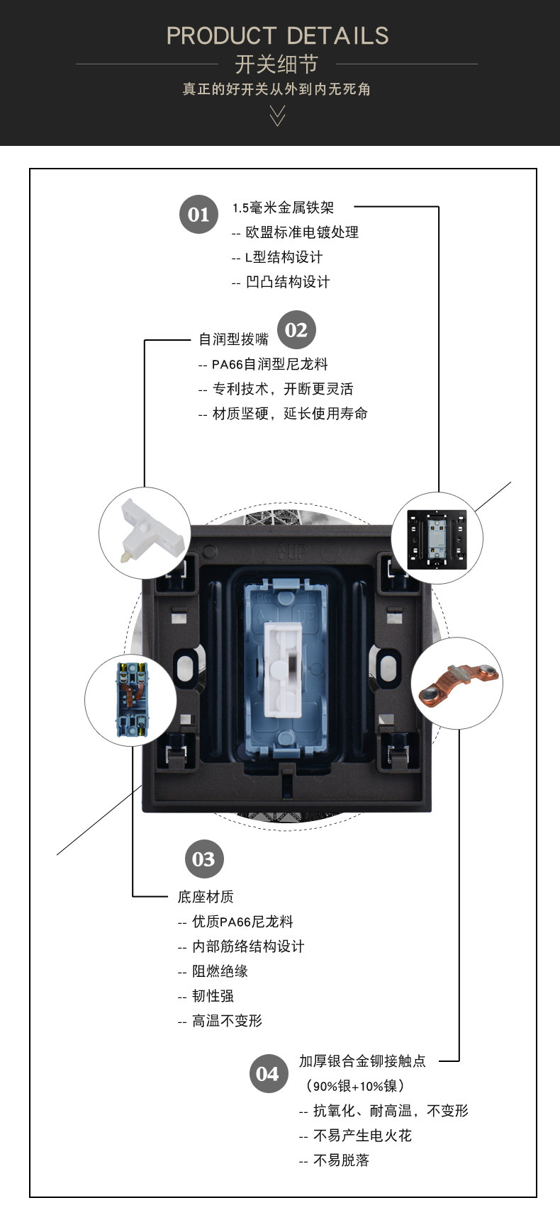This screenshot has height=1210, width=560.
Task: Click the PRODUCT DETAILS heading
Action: [277, 35]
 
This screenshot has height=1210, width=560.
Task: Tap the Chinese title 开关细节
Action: [276, 64]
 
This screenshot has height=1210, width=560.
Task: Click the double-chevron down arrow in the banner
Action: [277, 115]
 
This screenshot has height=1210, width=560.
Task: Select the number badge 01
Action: [198, 215]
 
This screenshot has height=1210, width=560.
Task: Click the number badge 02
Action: [296, 329]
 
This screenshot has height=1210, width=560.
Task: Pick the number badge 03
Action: [203, 859]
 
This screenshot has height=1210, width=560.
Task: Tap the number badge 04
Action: [268, 1073]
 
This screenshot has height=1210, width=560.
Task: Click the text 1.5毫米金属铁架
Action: [284, 208]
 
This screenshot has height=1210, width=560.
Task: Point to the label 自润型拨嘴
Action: [233, 339]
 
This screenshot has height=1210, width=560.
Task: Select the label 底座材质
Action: [206, 897]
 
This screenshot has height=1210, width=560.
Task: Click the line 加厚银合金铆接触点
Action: [362, 1061]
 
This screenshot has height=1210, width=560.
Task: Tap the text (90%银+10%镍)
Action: [354, 1086]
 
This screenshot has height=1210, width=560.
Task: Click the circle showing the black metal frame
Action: [437, 538]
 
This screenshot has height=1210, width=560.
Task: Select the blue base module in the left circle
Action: [132, 700]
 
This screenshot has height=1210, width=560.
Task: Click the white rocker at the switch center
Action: [282, 670]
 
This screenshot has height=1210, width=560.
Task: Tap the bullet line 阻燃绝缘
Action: [213, 971]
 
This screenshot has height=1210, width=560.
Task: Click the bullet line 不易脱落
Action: [334, 1160]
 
